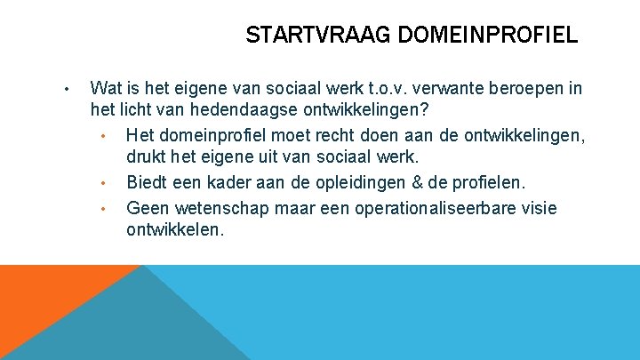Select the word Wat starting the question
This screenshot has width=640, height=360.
107,88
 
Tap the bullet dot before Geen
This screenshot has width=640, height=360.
103,209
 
